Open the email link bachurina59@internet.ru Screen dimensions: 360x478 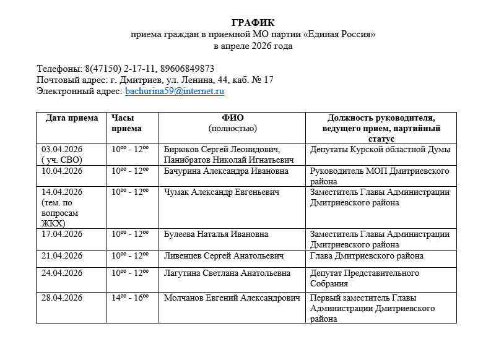pos(175,91)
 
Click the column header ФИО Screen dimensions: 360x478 pos(232,118)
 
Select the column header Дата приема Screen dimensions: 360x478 pos(71,118)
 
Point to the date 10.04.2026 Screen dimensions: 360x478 pos(62,171)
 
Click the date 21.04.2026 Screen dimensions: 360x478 pos(62,255)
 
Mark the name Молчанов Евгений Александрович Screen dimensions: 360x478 pos(232,298)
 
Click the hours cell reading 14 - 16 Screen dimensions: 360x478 pos(130,298)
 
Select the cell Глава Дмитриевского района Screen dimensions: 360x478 pos(367,255)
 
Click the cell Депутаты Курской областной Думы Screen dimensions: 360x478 pos(380,149)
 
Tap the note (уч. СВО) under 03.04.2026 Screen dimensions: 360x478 pos(61,160)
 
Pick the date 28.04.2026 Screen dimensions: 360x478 pos(62,298)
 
